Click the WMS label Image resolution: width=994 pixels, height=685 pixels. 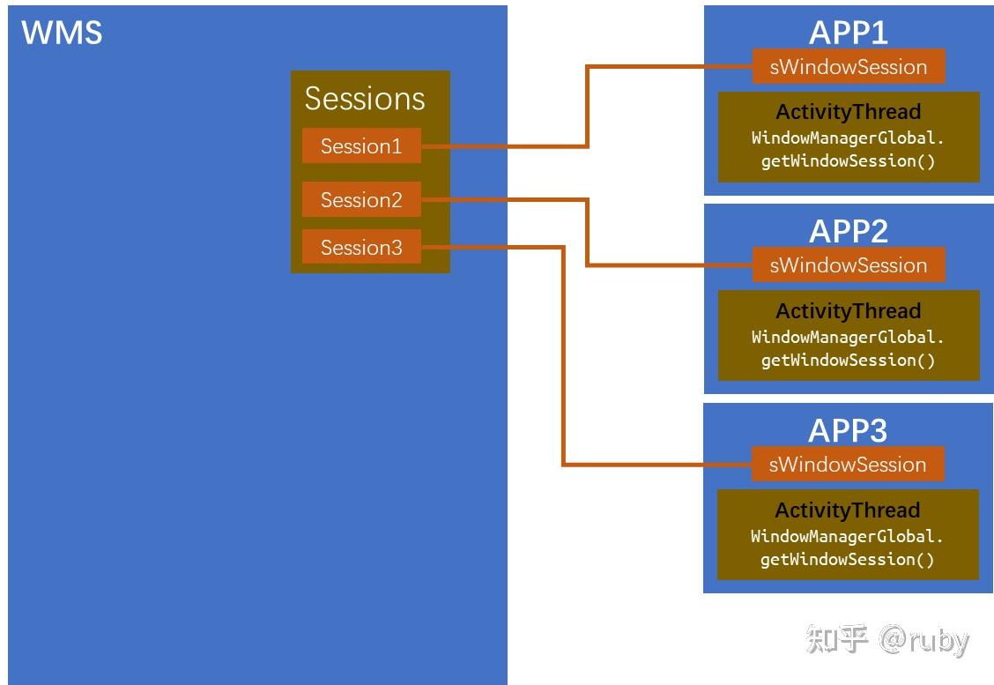[62, 33]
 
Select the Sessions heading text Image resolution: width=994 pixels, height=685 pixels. [365, 99]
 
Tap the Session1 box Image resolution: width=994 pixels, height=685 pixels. [361, 146]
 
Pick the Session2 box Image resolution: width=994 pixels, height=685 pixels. [361, 200]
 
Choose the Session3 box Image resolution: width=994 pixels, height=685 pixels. [361, 248]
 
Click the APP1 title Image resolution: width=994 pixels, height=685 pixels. [848, 33]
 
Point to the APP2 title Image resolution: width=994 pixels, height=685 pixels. [848, 231]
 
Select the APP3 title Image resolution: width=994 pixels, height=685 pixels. [848, 430]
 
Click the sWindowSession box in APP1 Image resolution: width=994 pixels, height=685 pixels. [848, 67]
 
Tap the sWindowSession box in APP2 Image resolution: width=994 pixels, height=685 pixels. [848, 265]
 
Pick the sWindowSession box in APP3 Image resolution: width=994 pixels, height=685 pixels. [847, 465]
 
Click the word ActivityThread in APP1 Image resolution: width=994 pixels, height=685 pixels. [848, 112]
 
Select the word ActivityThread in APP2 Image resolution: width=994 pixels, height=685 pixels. [848, 311]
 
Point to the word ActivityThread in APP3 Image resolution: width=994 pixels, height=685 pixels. [847, 510]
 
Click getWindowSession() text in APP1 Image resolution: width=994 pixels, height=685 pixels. [848, 161]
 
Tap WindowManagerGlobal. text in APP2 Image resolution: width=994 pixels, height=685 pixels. [848, 337]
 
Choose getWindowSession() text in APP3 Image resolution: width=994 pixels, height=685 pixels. [847, 560]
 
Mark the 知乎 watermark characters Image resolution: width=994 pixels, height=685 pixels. [836, 640]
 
